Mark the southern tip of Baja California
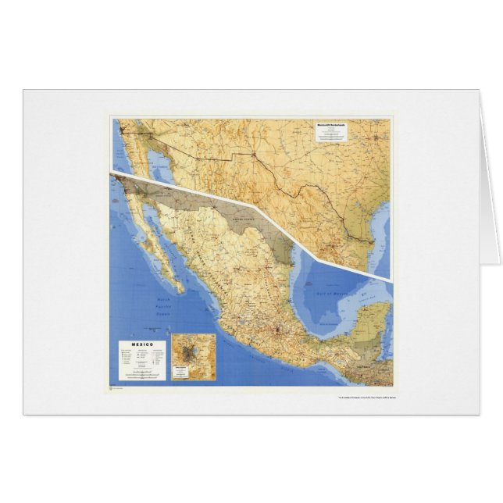[x=180, y=290]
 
